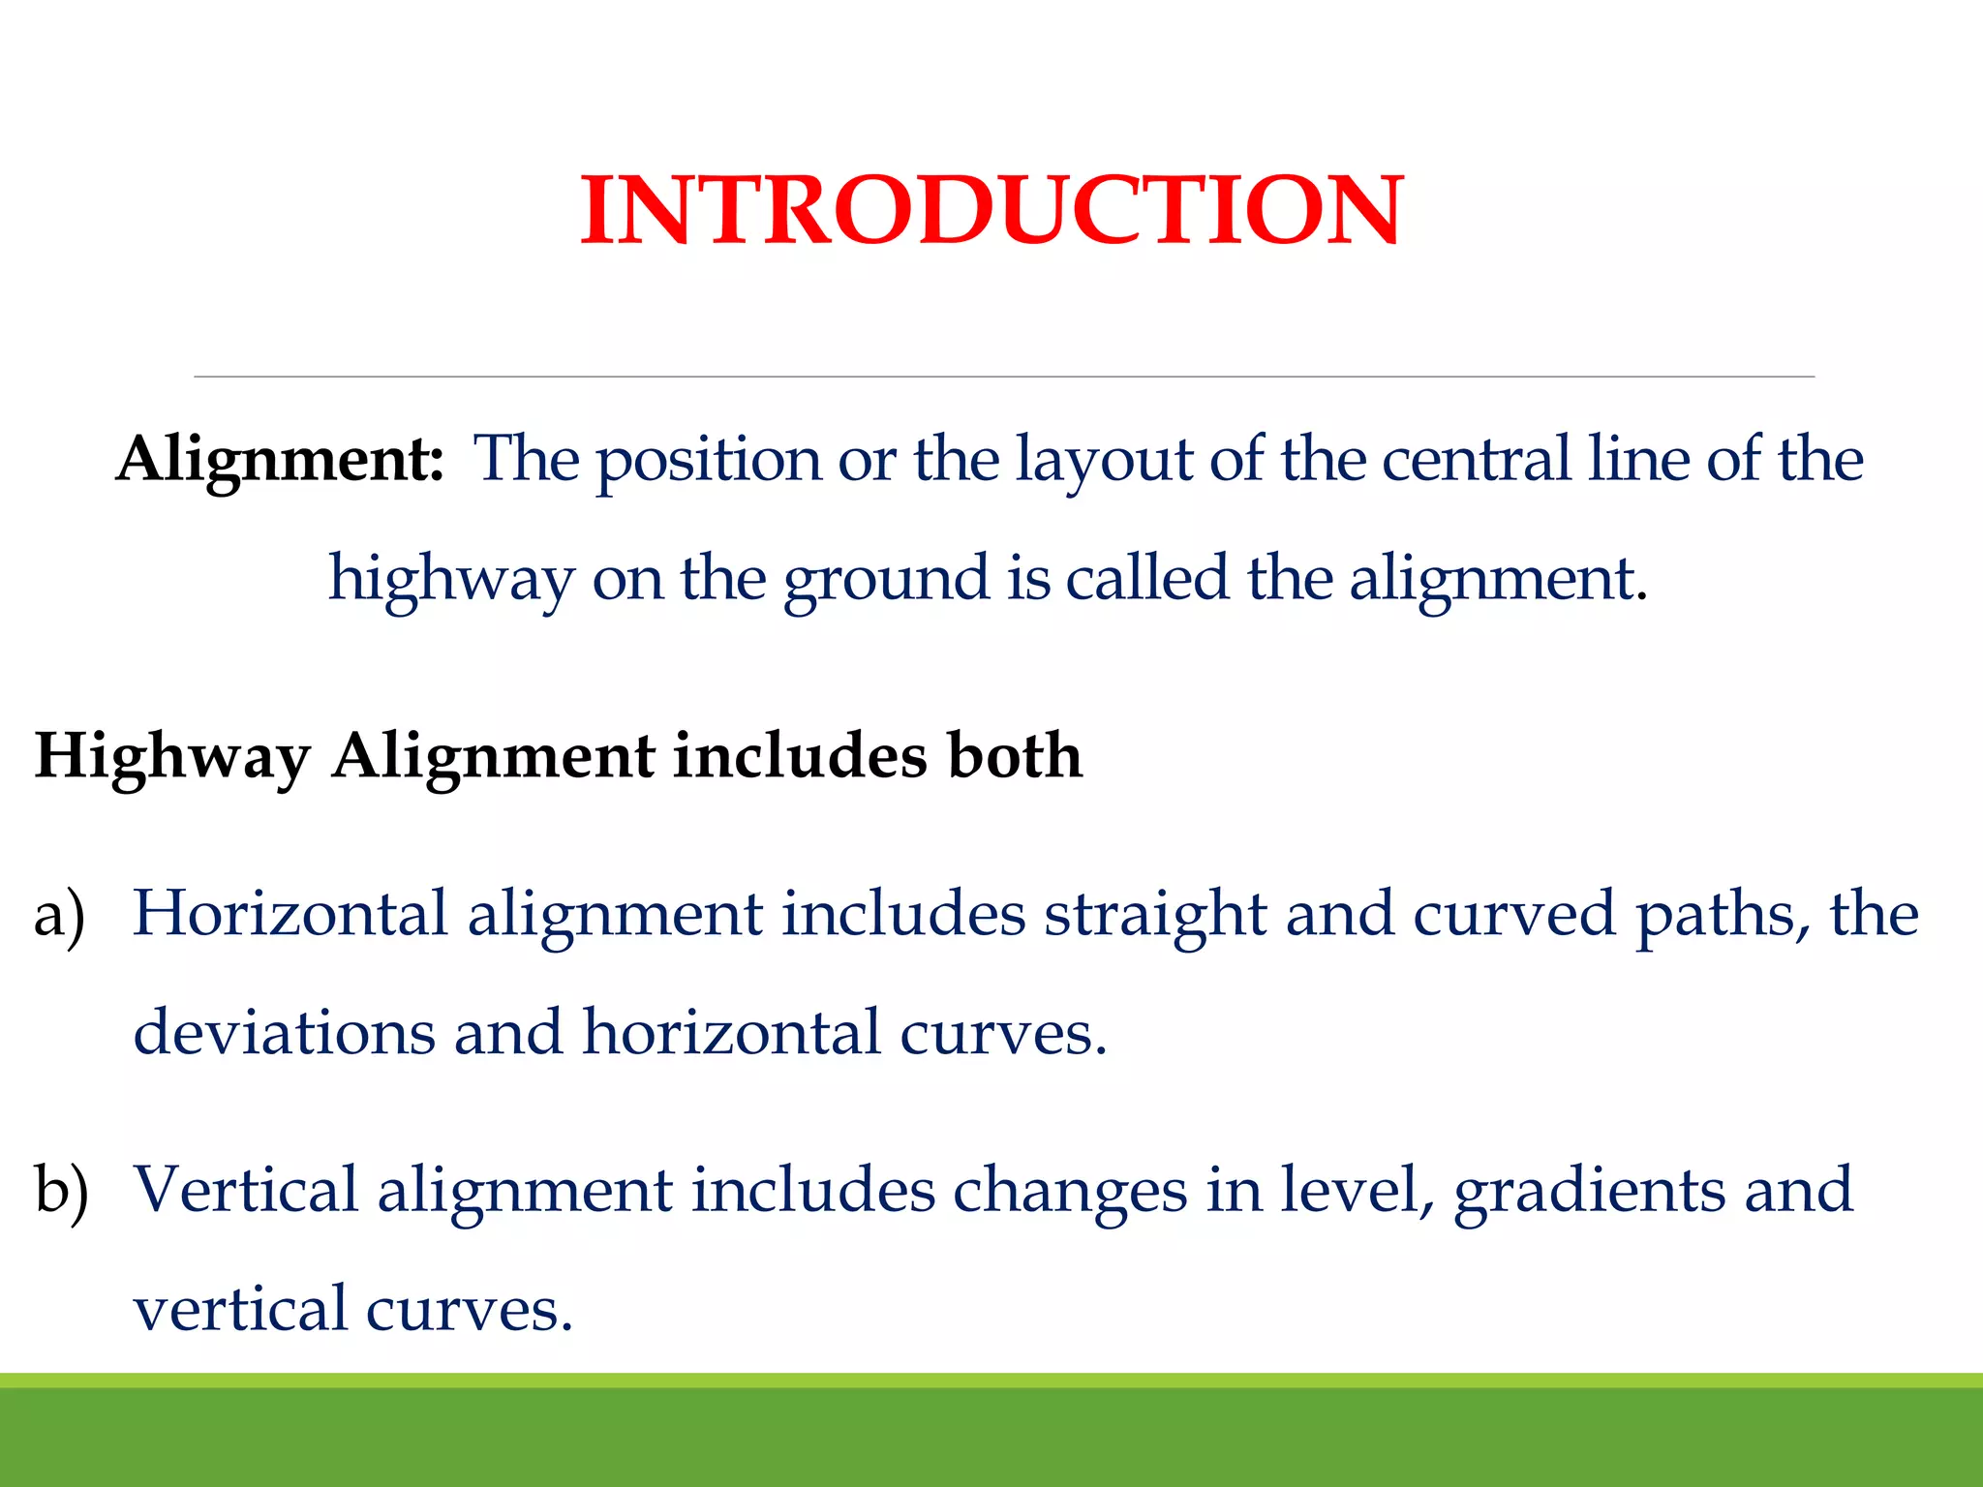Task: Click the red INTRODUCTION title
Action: [x=991, y=210]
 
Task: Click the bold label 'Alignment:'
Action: [x=280, y=459]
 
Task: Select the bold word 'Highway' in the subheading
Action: [x=172, y=757]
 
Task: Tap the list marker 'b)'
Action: [x=61, y=1190]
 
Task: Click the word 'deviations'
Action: [x=284, y=1032]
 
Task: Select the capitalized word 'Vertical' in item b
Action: [x=246, y=1189]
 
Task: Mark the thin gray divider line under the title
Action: [x=1003, y=377]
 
